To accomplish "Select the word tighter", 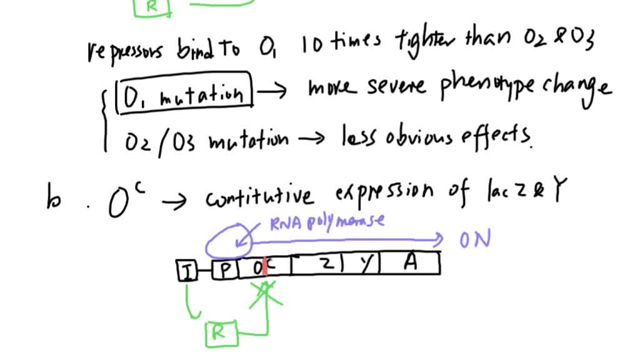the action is tap(424, 44).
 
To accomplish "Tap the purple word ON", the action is tap(476, 239).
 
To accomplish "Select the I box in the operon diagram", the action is tap(186, 270).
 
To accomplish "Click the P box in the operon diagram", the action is tap(225, 269).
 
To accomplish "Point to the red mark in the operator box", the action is tap(265, 266).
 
